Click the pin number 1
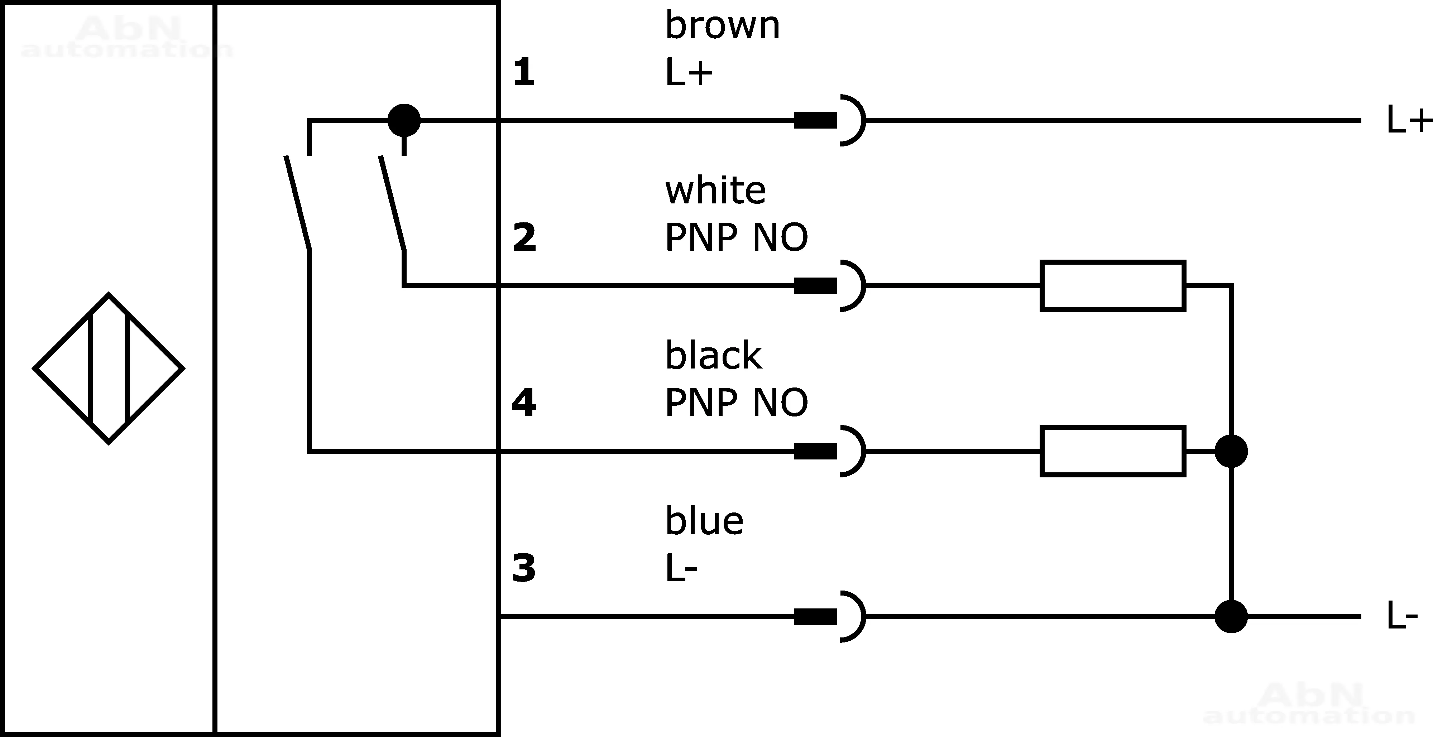(523, 73)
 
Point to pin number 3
(523, 568)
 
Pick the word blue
(704, 521)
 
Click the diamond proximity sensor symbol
(109, 368)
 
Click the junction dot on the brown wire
(404, 120)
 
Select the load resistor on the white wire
(1113, 286)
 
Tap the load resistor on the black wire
(1113, 451)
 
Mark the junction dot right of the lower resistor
(1231, 451)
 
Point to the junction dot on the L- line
(1231, 616)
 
